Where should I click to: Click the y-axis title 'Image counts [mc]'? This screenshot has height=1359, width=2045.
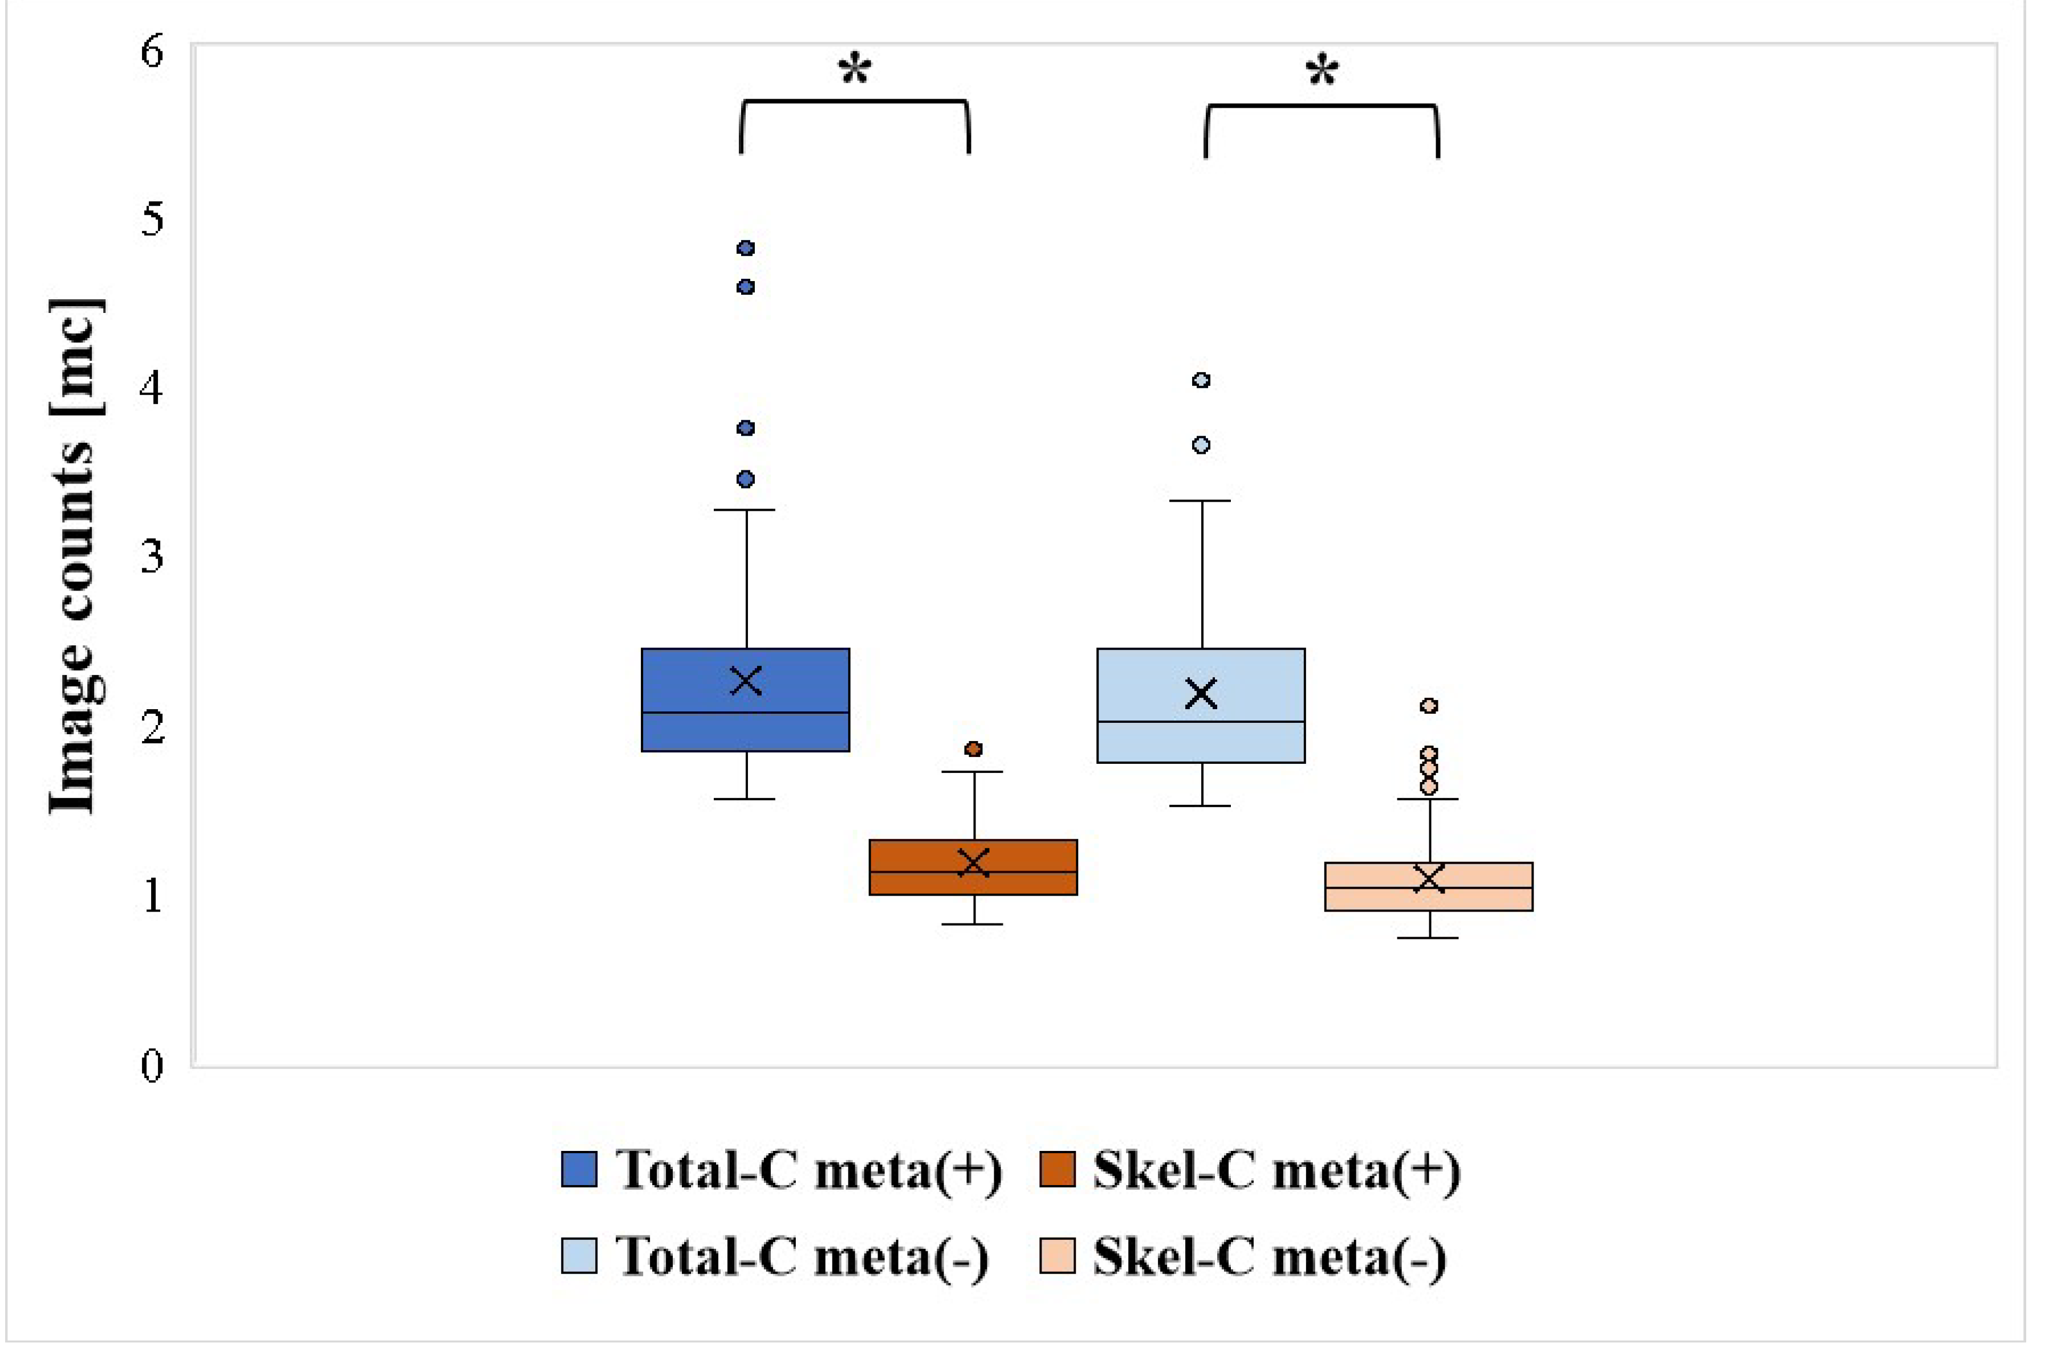tap(76, 555)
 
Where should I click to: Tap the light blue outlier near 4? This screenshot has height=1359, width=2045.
tap(1201, 380)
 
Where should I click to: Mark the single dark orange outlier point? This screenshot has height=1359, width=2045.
tap(974, 748)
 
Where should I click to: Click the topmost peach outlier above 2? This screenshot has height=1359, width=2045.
tap(1429, 706)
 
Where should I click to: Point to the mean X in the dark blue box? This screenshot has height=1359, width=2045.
tap(746, 681)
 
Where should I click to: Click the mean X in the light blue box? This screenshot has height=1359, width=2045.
tap(1201, 693)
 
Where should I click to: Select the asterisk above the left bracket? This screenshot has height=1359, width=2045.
tap(855, 70)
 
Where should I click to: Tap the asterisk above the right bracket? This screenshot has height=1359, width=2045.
tap(1321, 72)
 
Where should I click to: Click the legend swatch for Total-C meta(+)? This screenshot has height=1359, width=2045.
tap(579, 1169)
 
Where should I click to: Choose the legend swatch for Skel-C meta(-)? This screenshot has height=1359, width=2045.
tap(1057, 1256)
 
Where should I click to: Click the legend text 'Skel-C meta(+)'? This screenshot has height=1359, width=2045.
tap(1276, 1169)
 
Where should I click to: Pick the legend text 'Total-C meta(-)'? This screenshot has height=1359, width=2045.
tap(802, 1256)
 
